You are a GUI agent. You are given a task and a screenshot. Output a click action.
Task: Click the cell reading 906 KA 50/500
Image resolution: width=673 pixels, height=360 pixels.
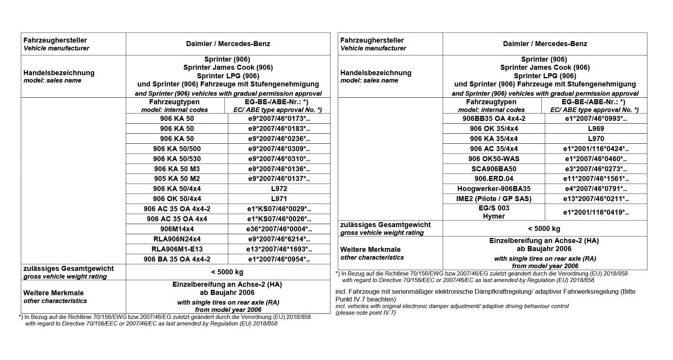click(x=177, y=149)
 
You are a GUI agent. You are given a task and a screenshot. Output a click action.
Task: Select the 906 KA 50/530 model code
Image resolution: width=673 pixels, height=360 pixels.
click(x=177, y=159)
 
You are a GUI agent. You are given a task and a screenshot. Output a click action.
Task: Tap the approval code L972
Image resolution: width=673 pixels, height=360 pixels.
click(x=279, y=189)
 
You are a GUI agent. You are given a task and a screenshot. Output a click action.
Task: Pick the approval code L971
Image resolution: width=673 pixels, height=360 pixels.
click(x=279, y=199)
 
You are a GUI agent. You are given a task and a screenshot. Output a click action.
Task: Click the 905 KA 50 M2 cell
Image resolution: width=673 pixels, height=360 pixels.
click(x=177, y=179)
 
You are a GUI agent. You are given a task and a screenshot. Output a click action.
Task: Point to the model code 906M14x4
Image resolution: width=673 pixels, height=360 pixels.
click(x=177, y=229)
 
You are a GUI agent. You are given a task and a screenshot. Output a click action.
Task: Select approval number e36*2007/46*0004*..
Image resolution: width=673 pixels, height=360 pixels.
click(x=279, y=229)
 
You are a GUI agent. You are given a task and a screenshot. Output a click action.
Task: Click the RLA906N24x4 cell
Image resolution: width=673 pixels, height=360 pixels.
click(x=177, y=239)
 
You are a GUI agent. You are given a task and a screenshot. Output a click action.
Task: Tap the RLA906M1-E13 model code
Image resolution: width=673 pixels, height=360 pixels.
click(x=177, y=249)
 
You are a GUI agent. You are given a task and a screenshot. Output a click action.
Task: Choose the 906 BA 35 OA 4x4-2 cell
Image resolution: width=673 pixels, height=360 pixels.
click(x=177, y=259)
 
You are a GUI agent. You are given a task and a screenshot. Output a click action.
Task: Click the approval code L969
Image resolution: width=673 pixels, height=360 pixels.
click(x=596, y=129)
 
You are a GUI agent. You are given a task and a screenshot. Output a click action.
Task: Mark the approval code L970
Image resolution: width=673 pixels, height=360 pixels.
click(x=596, y=139)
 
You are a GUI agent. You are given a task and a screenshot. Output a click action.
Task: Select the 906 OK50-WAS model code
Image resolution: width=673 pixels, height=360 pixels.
click(x=494, y=159)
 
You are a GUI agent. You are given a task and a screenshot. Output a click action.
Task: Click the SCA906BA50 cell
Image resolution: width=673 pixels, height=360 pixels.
click(x=494, y=169)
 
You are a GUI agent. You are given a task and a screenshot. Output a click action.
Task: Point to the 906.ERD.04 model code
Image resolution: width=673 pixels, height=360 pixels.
click(x=494, y=179)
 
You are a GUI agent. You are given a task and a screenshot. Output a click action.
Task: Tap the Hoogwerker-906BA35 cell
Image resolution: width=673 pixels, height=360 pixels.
click(x=494, y=189)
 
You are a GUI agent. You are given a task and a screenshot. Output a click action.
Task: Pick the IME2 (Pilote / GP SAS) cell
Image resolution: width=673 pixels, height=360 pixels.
click(x=494, y=199)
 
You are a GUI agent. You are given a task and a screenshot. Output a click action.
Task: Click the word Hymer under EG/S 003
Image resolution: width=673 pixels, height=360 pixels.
click(x=494, y=216)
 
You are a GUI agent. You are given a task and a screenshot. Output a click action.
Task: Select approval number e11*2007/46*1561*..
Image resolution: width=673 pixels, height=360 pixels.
click(x=596, y=179)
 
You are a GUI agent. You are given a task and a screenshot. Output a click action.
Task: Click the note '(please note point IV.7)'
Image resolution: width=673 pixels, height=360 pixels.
click(x=365, y=313)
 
